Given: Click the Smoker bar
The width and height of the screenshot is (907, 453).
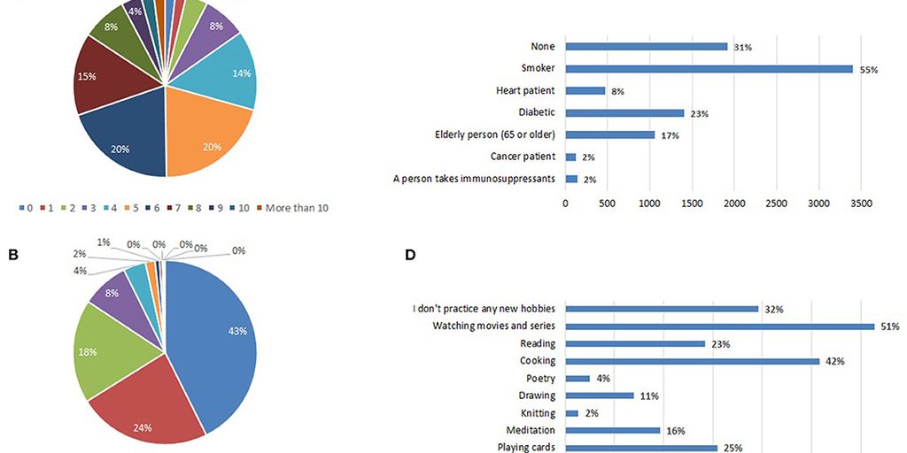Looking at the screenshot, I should (x=709, y=68).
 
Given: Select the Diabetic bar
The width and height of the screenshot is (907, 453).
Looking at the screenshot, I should (x=624, y=112).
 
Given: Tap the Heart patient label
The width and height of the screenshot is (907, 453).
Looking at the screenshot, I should (x=525, y=90).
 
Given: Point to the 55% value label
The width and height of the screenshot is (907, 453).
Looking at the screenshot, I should (x=868, y=69).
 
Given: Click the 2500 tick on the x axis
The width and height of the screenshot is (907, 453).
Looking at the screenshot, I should (x=776, y=203).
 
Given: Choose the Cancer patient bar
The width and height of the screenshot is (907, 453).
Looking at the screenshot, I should (x=571, y=157).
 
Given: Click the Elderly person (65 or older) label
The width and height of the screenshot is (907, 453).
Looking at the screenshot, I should (x=494, y=134).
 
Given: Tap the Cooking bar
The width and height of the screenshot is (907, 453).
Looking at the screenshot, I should (x=692, y=361).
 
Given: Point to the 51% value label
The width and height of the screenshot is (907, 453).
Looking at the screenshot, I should (x=889, y=326).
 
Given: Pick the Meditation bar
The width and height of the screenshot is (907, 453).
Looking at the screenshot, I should (x=613, y=431).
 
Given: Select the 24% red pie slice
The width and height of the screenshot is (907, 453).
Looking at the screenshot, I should (x=146, y=407).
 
